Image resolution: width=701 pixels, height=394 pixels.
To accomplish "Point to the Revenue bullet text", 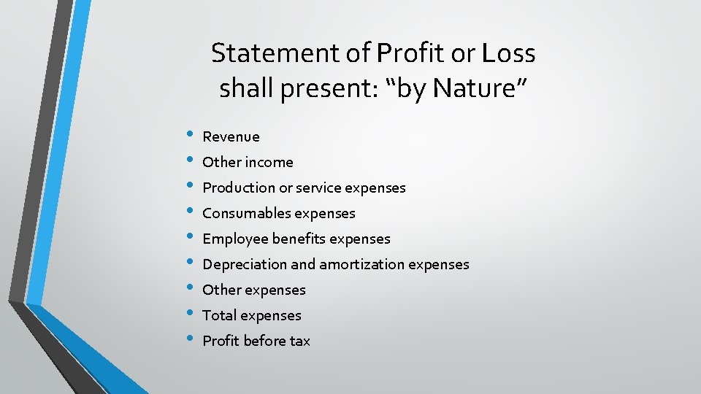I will (231, 136).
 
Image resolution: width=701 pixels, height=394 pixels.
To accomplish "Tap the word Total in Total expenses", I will (219, 315).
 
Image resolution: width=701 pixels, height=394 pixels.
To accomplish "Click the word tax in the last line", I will (299, 341).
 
